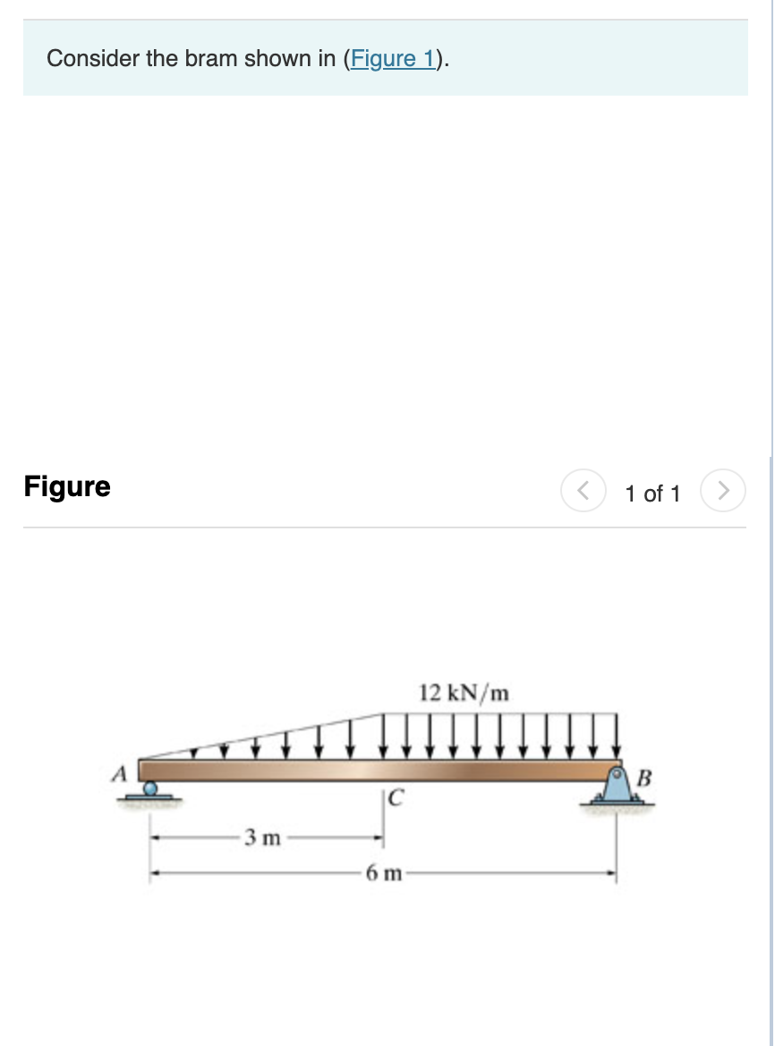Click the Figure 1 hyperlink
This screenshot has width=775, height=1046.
tap(394, 59)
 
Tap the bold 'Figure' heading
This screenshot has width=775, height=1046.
tap(67, 487)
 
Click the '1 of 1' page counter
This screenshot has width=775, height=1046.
tap(652, 493)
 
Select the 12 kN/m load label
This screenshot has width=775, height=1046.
tap(464, 693)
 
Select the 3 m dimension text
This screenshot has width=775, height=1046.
tap(263, 839)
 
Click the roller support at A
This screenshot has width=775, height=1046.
tap(152, 790)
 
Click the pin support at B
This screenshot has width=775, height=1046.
tap(617, 787)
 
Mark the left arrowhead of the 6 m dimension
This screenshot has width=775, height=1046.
tap(154, 873)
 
